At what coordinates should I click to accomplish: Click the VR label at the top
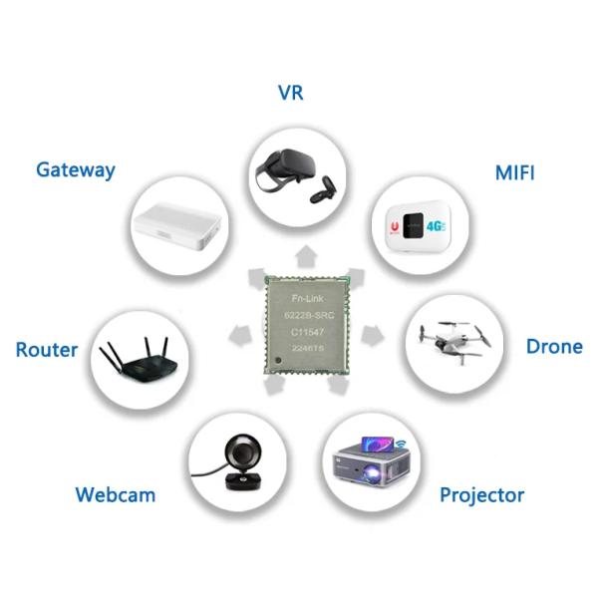coord(290,93)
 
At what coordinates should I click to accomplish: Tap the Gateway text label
coord(76,169)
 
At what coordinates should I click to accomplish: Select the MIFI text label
coord(514,172)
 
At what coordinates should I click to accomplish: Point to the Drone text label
coord(554,347)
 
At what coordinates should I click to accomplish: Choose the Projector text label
coord(481,494)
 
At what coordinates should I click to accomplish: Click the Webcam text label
coord(116,494)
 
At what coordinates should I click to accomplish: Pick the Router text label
coord(47,350)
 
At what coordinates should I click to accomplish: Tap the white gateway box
coord(176,226)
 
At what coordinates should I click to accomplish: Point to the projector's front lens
coord(351,465)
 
